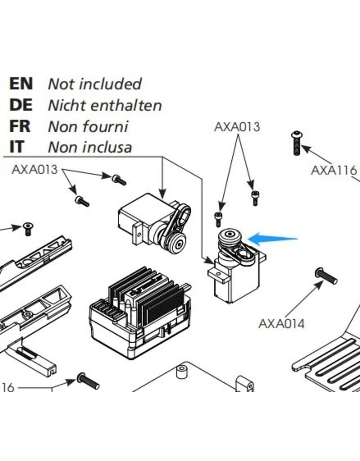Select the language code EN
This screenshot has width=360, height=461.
pos(21,83)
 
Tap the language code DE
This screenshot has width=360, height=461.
pos(21,105)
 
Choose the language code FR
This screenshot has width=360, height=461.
pos(20,126)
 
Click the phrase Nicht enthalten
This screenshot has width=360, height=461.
pos(104,105)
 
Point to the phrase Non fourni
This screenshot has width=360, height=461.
pos(88,127)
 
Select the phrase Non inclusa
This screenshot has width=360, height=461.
pos(90,147)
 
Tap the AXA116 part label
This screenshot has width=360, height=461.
pos(333,170)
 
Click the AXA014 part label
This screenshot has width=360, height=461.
pos(281,323)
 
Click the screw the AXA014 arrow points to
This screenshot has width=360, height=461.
pos(326,275)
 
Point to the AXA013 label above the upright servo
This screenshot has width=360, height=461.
pos(237,127)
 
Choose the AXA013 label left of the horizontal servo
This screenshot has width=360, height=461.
pos(35,169)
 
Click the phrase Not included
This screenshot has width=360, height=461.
pos(94,84)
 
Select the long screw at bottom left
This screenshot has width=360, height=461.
pos(88,381)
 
